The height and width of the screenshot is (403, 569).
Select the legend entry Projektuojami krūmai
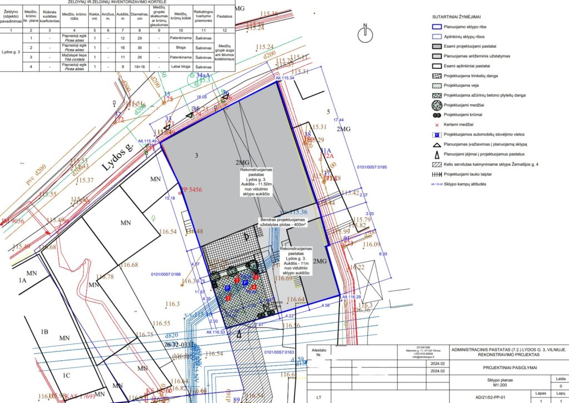click(465, 115)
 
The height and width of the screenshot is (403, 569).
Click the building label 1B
click(45, 332)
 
